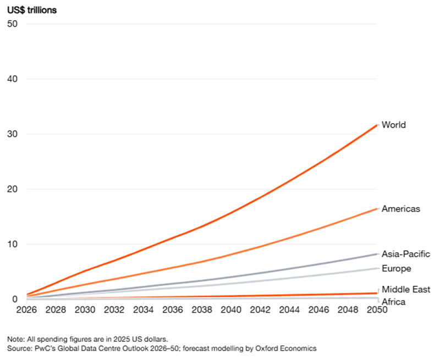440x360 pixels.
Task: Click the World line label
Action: [393, 125]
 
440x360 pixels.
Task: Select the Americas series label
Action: [401, 209]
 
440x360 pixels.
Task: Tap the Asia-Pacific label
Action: [406, 254]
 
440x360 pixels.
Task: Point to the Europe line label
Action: [396, 269]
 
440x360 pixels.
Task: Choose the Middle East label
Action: [406, 289]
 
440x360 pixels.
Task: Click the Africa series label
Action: [393, 302]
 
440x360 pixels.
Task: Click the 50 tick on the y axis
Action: [12, 24]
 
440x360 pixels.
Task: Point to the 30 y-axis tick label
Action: [12, 134]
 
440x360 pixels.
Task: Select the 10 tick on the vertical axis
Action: [12, 244]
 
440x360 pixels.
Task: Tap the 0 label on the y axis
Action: [15, 299]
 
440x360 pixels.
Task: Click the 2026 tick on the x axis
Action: [26, 310]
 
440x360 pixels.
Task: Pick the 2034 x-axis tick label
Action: [144, 310]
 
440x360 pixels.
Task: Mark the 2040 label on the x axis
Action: [231, 310]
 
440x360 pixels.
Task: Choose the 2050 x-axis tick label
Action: [377, 310]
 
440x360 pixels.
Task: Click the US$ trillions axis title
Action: [32, 10]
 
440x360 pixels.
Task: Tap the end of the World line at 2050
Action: [377, 125]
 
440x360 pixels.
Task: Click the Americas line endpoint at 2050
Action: [377, 209]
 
